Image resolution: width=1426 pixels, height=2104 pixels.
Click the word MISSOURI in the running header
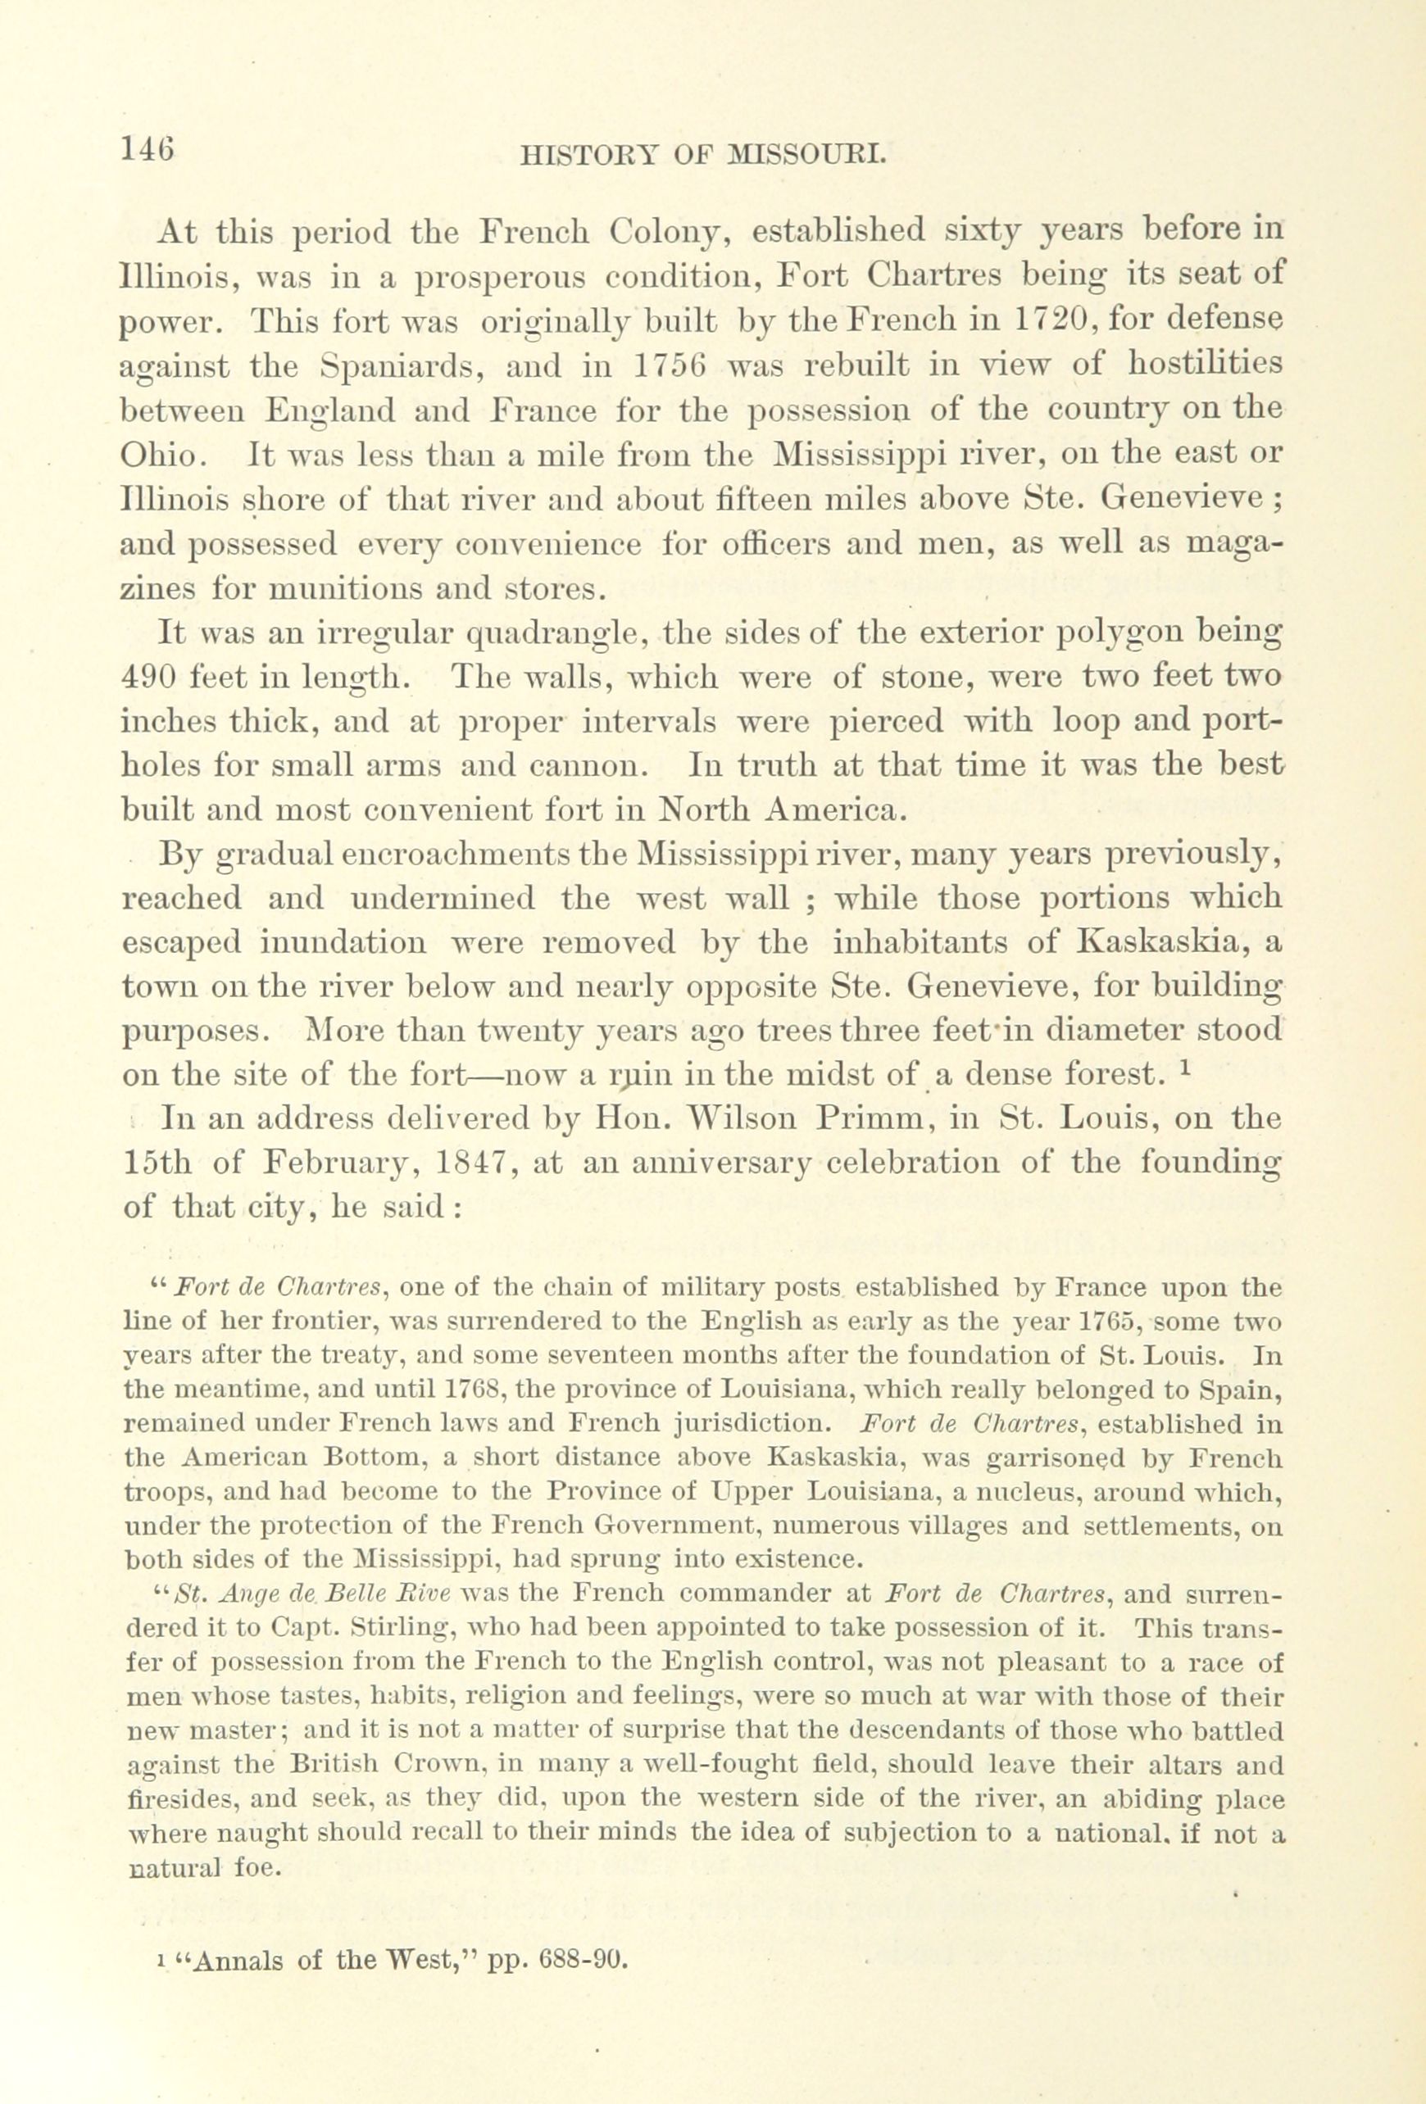point(806,156)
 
